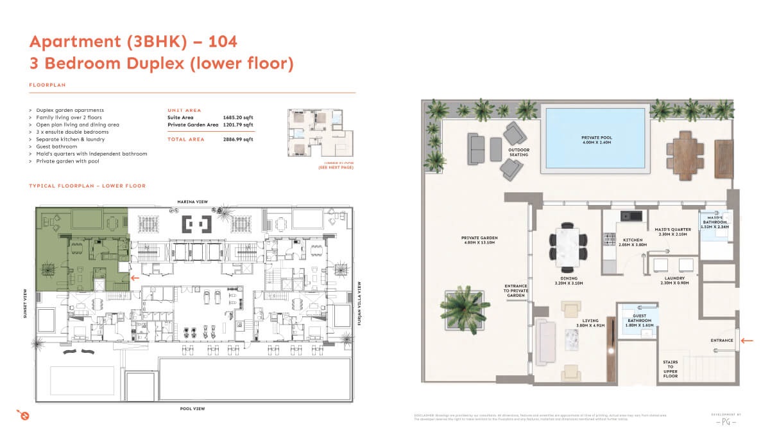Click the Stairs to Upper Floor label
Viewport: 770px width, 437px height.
coord(670,370)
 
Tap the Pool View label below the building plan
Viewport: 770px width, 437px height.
coord(193,408)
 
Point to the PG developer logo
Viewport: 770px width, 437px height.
coord(726,422)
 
